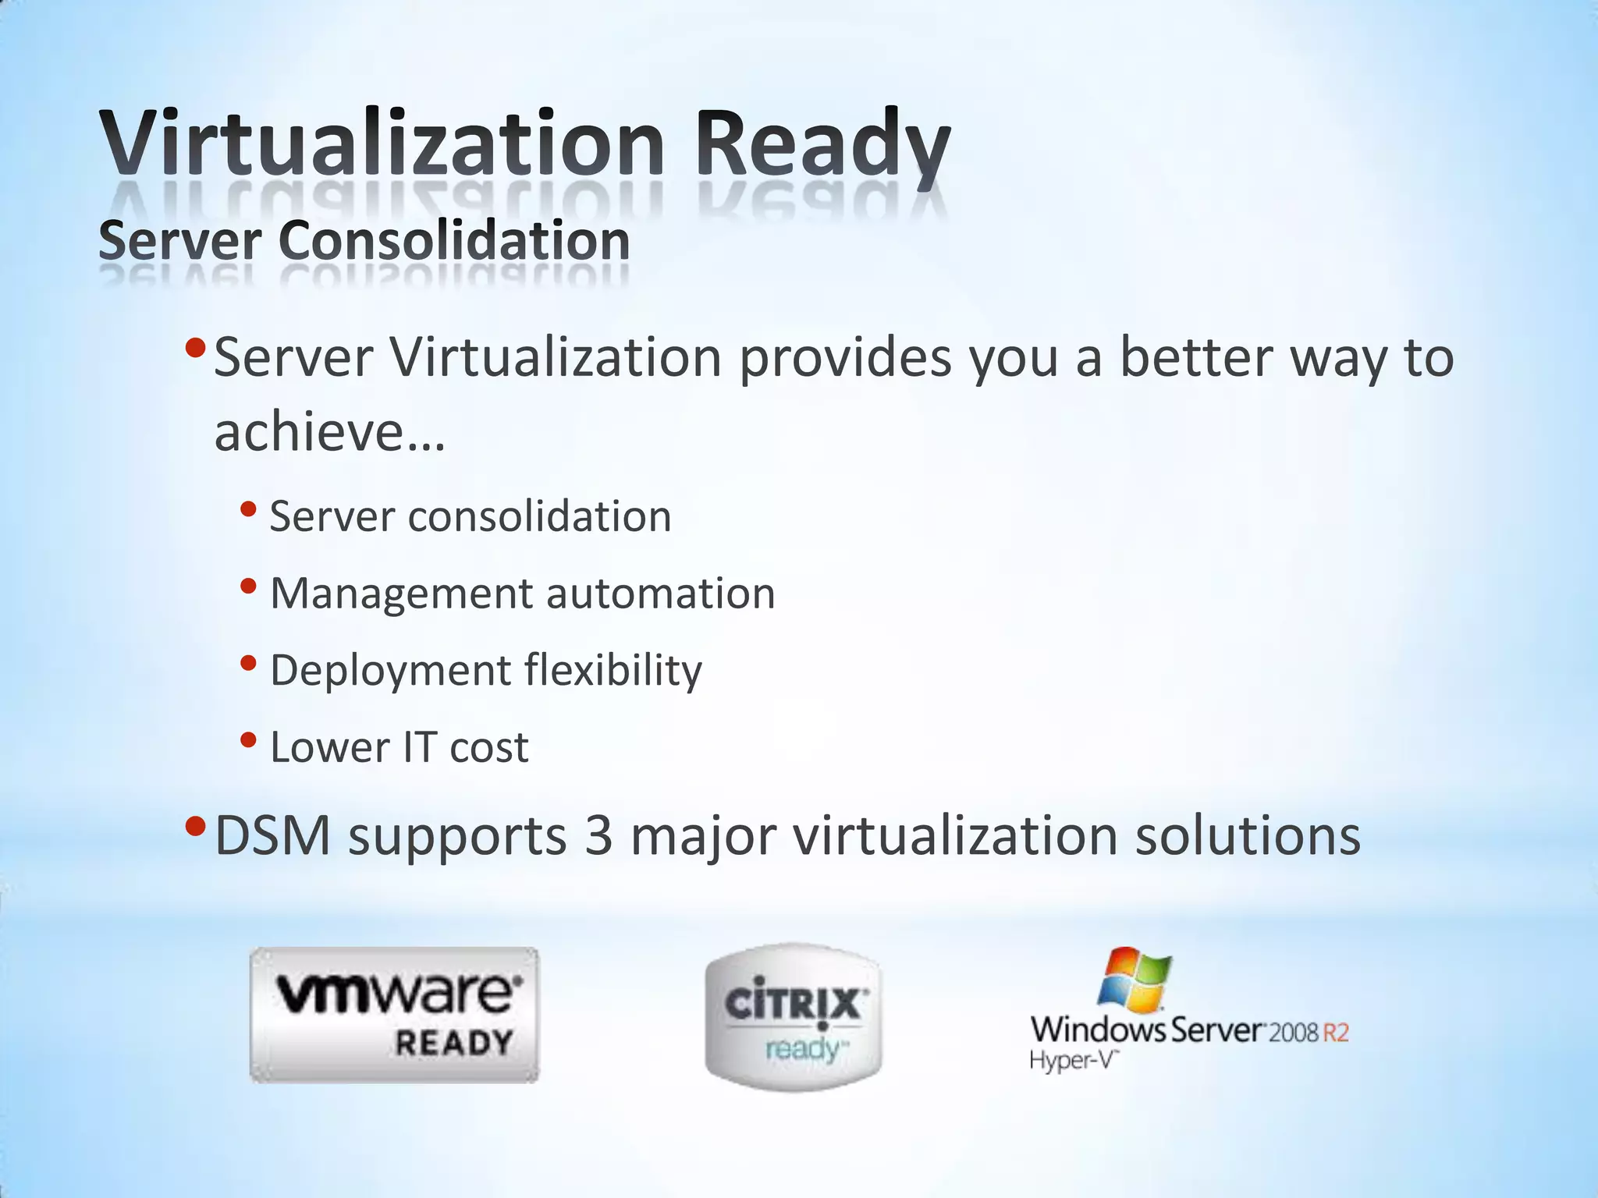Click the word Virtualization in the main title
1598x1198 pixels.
click(x=382, y=144)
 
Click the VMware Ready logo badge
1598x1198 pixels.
click(x=394, y=1014)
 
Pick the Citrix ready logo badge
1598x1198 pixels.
click(x=793, y=1017)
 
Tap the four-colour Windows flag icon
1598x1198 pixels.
click(x=1135, y=978)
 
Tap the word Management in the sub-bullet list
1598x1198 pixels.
click(x=400, y=594)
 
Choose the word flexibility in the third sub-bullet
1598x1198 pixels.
click(x=613, y=670)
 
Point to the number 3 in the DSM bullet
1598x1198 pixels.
click(x=598, y=836)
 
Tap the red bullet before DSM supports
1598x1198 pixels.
click(x=196, y=826)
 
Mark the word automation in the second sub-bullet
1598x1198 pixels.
click(x=660, y=594)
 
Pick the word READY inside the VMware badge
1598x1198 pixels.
click(x=453, y=1043)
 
